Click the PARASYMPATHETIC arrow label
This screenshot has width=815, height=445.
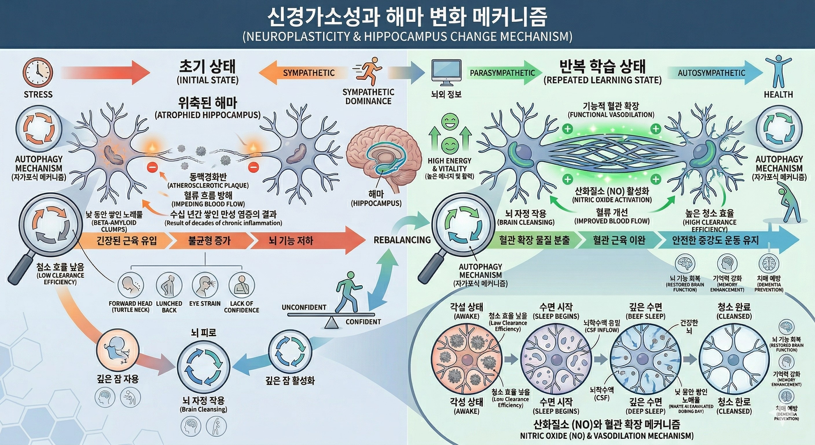point(502,73)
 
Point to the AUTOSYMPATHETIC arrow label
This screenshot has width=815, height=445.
point(711,73)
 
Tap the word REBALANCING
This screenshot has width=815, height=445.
point(402,240)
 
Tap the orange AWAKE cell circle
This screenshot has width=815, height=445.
point(466,360)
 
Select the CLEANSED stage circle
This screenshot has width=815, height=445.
point(734,360)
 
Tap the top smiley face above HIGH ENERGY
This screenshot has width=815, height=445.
point(449,122)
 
